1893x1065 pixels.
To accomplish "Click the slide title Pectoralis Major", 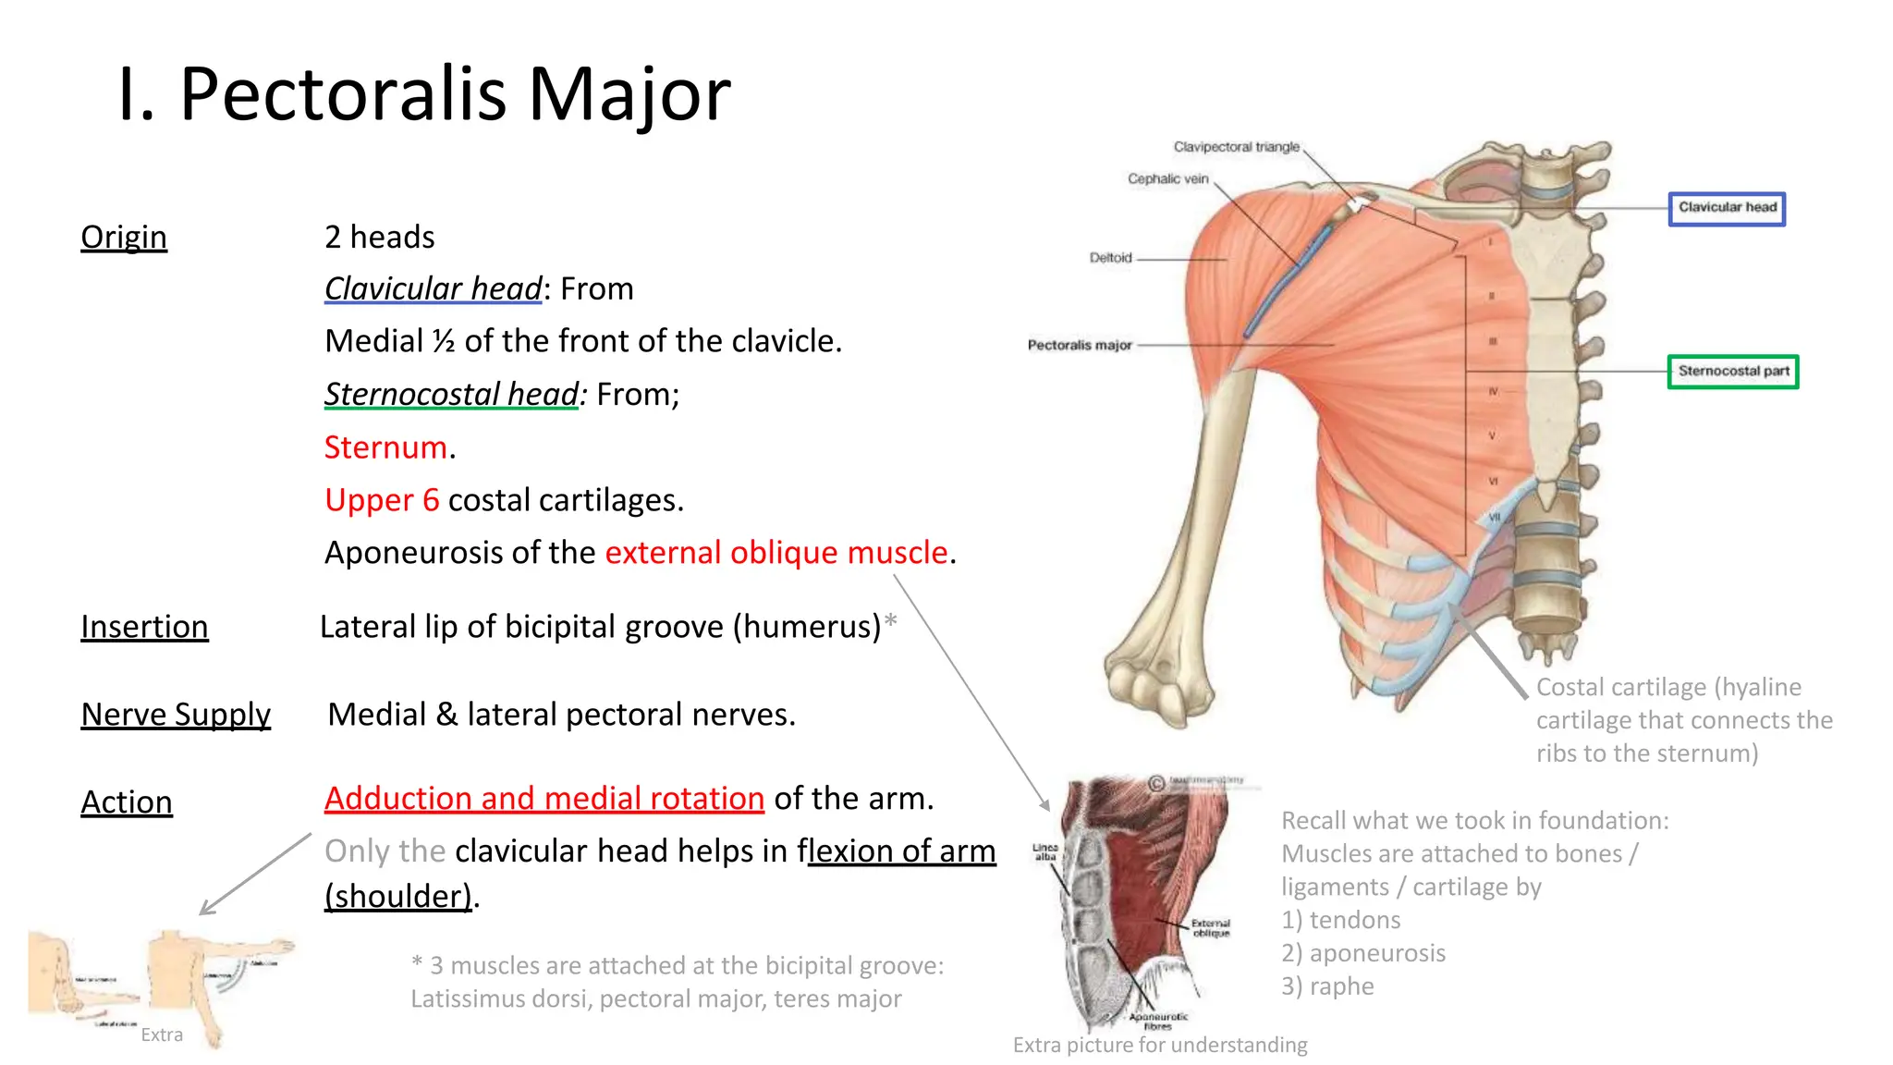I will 423,94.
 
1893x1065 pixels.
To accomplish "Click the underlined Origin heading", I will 124,238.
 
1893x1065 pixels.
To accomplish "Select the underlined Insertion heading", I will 144,627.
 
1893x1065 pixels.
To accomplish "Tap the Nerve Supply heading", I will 176,715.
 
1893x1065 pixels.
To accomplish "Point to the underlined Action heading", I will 127,802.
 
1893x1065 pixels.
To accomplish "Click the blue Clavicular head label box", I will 1727,208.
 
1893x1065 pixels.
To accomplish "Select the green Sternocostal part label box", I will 1733,372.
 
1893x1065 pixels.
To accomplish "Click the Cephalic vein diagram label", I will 1167,179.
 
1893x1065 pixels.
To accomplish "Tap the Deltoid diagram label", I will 1110,258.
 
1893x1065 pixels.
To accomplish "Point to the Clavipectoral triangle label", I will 1236,147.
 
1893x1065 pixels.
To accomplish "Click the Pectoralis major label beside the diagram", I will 1080,345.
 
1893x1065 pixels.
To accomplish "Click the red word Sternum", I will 385,447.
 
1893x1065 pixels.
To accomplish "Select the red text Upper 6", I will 382,500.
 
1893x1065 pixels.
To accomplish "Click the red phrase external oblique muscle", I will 776,553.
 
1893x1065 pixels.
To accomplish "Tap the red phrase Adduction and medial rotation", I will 543,799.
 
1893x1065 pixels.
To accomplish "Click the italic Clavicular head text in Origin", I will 433,289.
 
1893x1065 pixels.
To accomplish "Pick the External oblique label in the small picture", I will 1211,927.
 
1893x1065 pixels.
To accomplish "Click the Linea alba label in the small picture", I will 1044,851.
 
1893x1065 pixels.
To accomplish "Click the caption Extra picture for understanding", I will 1160,1046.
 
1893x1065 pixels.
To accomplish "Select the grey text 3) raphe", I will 1327,986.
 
